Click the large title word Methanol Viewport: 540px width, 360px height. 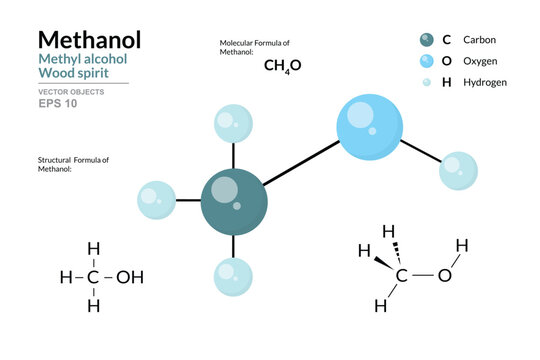[89, 40]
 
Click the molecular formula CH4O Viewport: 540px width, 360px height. [282, 66]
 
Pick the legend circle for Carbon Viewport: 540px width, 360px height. [427, 40]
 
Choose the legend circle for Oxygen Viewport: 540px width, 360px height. [427, 61]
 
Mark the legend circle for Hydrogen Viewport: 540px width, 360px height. [427, 82]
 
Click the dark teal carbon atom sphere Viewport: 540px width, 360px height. [233, 201]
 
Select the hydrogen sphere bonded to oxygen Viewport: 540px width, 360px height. [458, 170]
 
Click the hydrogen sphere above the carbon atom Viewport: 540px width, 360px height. [233, 124]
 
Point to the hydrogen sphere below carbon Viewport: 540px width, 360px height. [233, 276]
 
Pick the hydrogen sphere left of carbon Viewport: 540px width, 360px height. [157, 200]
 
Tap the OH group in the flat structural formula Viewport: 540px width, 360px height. [130, 277]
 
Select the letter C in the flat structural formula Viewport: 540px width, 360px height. [93, 277]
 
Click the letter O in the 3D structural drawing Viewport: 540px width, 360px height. [445, 274]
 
